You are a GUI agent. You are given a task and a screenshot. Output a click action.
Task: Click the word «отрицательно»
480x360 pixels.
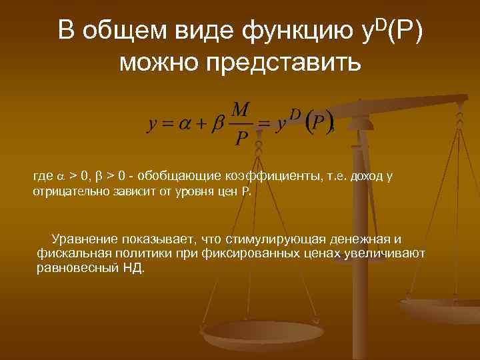pyautogui.click(x=64, y=193)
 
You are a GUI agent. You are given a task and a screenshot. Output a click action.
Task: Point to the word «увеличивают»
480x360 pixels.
pyautogui.click(x=385, y=253)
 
